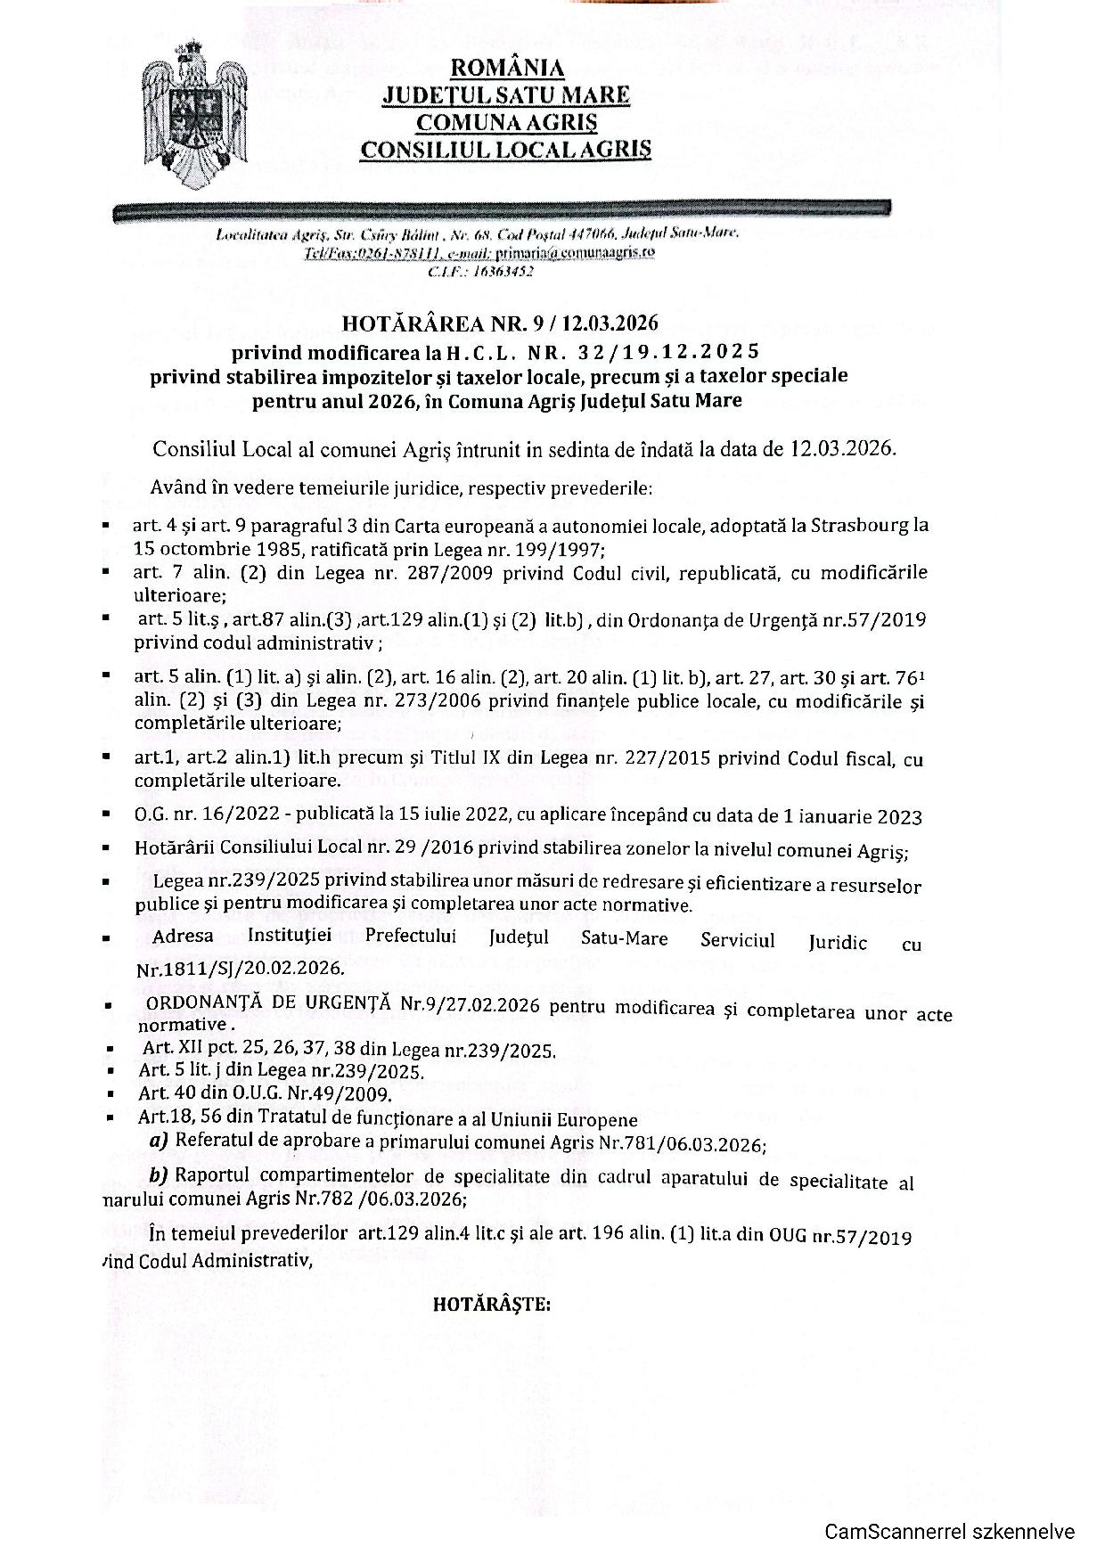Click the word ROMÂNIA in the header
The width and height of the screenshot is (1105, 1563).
(x=507, y=69)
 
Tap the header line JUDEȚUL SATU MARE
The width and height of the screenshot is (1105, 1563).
(x=506, y=95)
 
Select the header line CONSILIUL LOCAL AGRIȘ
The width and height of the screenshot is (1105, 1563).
(x=505, y=149)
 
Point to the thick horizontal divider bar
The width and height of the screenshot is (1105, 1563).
(x=502, y=211)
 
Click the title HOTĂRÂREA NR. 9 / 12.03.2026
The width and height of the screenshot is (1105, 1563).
(x=501, y=323)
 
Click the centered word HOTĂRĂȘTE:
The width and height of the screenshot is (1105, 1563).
(x=492, y=1305)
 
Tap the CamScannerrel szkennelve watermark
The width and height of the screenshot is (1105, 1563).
(x=949, y=1532)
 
